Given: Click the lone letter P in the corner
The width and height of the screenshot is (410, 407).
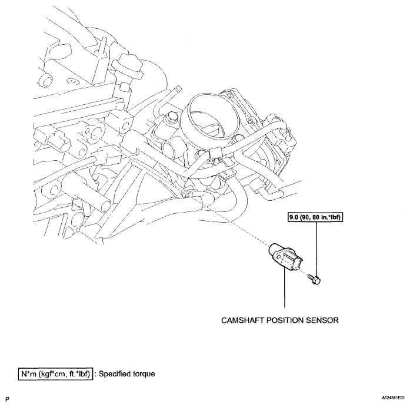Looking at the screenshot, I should (x=7, y=399).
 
